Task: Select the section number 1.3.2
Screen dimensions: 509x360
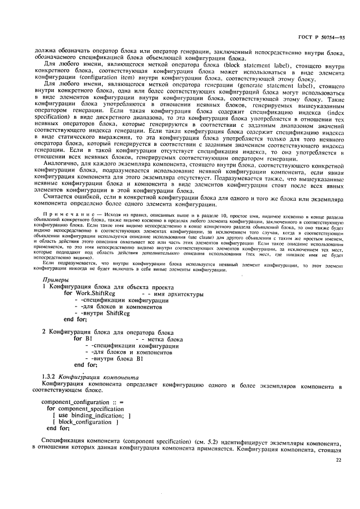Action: point(50,377)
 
